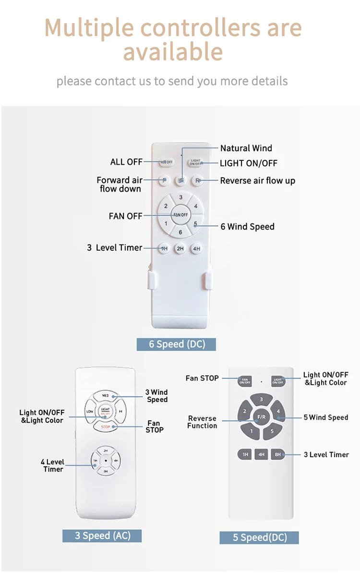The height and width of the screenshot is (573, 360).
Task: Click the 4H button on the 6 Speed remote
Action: click(x=196, y=248)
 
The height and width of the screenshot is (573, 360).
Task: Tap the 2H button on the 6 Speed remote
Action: click(x=180, y=248)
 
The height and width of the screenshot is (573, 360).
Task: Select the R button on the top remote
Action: click(x=197, y=181)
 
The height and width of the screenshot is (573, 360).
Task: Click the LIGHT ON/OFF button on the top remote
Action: click(x=195, y=163)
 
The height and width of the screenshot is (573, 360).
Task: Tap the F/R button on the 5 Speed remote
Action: click(x=261, y=417)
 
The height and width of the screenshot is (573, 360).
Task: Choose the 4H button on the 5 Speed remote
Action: click(x=261, y=454)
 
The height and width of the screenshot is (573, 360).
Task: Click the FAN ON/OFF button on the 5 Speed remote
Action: click(x=245, y=381)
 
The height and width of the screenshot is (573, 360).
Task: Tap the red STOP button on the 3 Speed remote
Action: click(x=105, y=426)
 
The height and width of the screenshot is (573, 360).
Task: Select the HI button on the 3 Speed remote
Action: click(x=120, y=412)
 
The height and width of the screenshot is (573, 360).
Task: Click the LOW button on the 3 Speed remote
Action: click(x=90, y=412)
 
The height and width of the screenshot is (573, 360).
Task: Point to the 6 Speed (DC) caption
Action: click(x=176, y=344)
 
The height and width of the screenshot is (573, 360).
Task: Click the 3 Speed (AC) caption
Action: click(x=102, y=535)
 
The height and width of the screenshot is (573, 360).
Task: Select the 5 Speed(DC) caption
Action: click(x=260, y=537)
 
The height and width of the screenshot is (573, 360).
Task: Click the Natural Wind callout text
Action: click(x=246, y=148)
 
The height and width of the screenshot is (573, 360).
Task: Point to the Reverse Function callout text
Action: click(x=202, y=422)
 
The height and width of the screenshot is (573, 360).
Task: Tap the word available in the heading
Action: click(x=173, y=51)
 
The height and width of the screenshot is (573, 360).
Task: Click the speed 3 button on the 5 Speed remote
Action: click(x=261, y=400)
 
